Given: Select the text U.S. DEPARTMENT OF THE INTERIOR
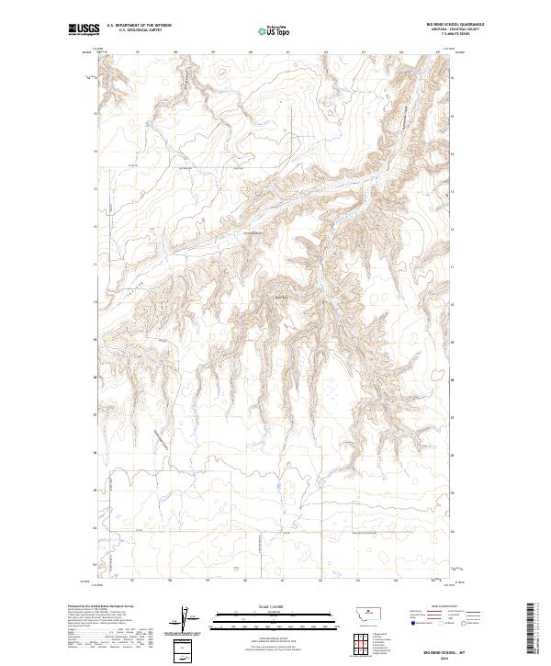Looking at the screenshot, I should [x=140, y=27].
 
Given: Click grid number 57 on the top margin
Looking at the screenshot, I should [x=136, y=51].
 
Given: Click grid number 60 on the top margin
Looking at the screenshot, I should [x=250, y=51].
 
